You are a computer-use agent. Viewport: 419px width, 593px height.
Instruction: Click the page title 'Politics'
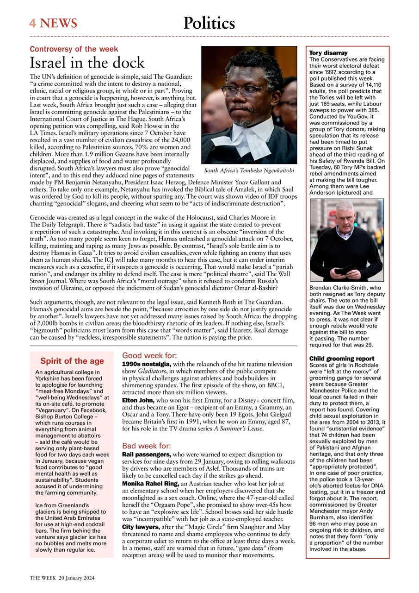tap(209, 23)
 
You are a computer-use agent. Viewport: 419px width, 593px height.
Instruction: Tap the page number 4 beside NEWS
tap(32, 23)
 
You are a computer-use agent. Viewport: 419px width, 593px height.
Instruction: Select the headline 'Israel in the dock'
tap(87, 63)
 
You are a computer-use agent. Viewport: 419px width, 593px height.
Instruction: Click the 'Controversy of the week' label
tap(74, 49)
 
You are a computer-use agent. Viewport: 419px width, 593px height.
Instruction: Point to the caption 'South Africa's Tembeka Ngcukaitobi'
tap(249, 170)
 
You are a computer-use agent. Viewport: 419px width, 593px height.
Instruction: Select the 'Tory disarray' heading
tap(328, 53)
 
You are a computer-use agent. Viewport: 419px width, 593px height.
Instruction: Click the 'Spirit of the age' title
tap(72, 361)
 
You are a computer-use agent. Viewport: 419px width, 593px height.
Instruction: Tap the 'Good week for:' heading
tap(149, 355)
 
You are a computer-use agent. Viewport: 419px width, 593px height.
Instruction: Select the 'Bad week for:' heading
tap(147, 446)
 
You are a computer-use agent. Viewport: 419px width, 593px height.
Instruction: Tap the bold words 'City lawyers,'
tap(141, 527)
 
